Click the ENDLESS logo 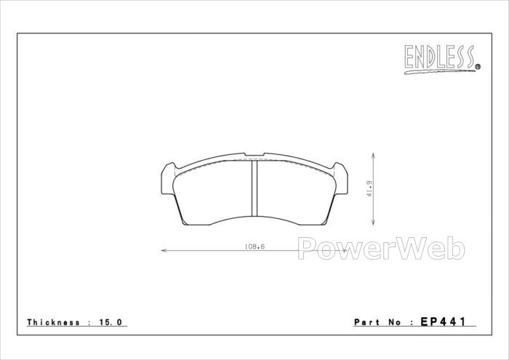442,59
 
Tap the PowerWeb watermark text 382,248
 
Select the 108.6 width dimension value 254,247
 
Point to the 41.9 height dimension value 369,189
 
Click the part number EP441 443,321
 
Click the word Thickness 53,322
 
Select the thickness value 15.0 110,322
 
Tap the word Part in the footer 366,322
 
